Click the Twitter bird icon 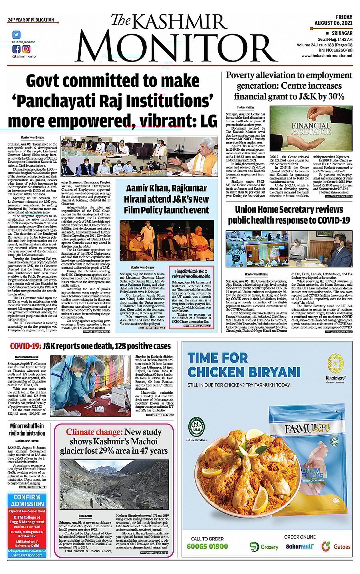point(16,35)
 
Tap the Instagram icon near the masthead point(26,49)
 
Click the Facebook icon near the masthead point(16,49)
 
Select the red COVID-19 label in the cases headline point(25,346)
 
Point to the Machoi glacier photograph point(114,484)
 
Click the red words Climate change point(93,432)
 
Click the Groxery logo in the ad point(264,546)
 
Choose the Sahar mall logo point(300,546)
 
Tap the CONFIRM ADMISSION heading point(27,500)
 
